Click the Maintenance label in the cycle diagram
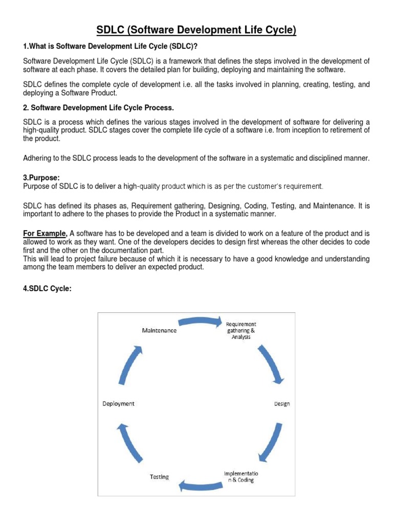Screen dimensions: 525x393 [159, 331]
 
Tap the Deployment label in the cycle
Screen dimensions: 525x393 [118, 403]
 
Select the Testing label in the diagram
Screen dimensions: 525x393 [159, 477]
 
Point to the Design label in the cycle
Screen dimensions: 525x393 [281, 404]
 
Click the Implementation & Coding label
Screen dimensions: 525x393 [241, 477]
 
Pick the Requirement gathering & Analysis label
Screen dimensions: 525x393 [241, 331]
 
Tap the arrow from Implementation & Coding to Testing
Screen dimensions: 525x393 [200, 483]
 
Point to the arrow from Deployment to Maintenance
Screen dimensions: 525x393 [130, 365]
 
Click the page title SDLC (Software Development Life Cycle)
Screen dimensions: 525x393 [196, 31]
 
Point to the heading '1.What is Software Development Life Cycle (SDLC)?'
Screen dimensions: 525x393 [111, 48]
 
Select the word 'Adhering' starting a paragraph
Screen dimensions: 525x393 [38, 158]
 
